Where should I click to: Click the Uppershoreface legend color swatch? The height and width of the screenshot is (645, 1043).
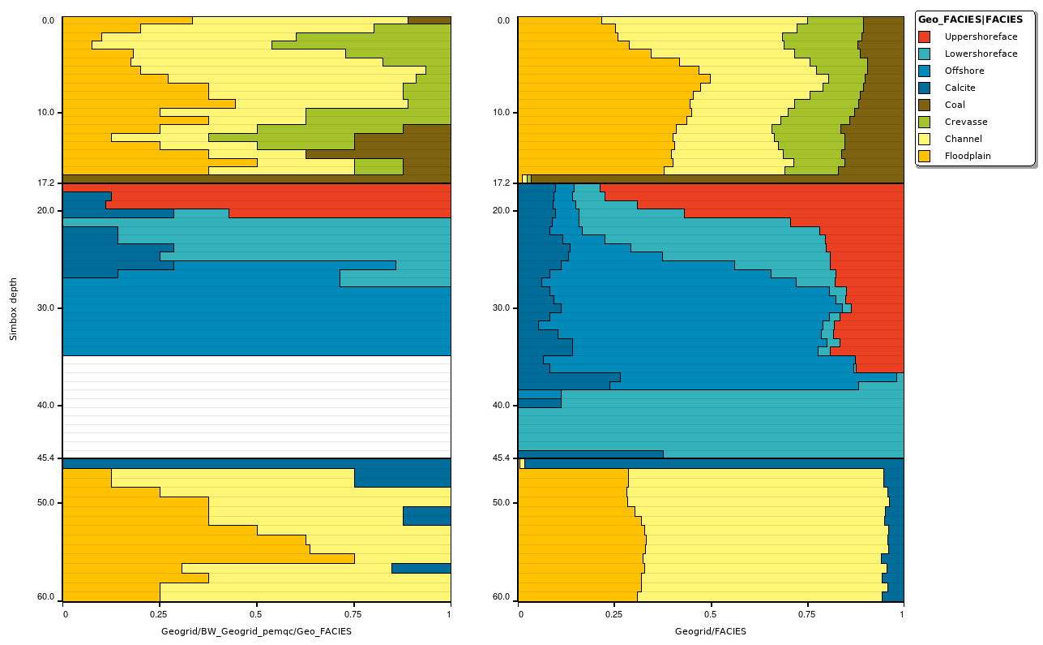[924, 37]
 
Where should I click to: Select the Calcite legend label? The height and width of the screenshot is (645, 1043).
[960, 88]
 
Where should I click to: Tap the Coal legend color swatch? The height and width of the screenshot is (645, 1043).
[924, 105]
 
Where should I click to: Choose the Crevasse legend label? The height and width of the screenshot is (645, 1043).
[965, 122]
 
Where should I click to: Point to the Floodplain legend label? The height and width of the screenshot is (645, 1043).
[968, 156]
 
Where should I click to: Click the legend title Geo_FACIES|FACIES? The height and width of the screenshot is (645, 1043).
[970, 19]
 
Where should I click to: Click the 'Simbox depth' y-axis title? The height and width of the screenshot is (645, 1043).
[13, 308]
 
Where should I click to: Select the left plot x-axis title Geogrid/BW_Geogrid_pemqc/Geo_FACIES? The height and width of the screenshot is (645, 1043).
[256, 630]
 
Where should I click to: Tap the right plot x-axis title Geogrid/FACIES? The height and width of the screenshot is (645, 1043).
[710, 630]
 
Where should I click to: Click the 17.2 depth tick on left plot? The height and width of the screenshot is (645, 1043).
[46, 183]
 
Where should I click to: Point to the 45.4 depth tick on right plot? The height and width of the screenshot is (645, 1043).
[502, 458]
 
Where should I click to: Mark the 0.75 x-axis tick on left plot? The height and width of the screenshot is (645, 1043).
[353, 614]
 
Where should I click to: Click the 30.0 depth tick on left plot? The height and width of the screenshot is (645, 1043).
[46, 308]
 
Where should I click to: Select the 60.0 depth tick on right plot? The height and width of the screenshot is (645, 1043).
[502, 597]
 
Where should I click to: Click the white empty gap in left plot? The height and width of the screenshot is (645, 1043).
[256, 406]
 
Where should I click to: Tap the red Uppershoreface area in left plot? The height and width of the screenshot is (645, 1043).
[324, 199]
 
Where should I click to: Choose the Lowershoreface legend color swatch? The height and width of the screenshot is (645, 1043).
[924, 54]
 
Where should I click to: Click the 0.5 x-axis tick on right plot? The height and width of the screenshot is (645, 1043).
[711, 614]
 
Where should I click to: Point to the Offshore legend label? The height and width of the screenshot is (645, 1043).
[964, 71]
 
